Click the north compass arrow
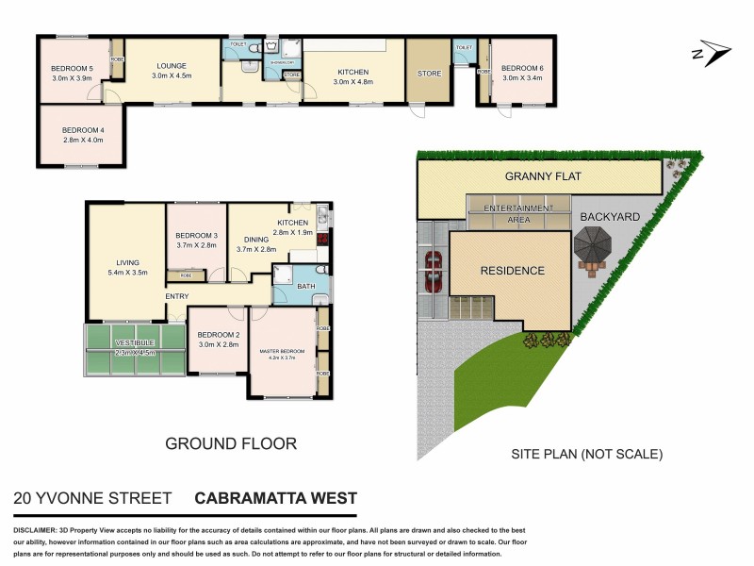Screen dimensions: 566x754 (712, 54)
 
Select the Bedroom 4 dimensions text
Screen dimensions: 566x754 (81, 140)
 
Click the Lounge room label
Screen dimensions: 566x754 (172, 66)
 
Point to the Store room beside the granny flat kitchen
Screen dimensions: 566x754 (429, 74)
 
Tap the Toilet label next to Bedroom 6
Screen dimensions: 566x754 (463, 47)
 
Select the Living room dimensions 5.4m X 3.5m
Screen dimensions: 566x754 (127, 273)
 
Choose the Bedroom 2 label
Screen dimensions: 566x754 (219, 335)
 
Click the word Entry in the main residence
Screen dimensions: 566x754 (176, 296)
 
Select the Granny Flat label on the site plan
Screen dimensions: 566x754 (539, 176)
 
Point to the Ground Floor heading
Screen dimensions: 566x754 (231, 443)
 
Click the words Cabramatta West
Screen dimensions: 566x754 (275, 498)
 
